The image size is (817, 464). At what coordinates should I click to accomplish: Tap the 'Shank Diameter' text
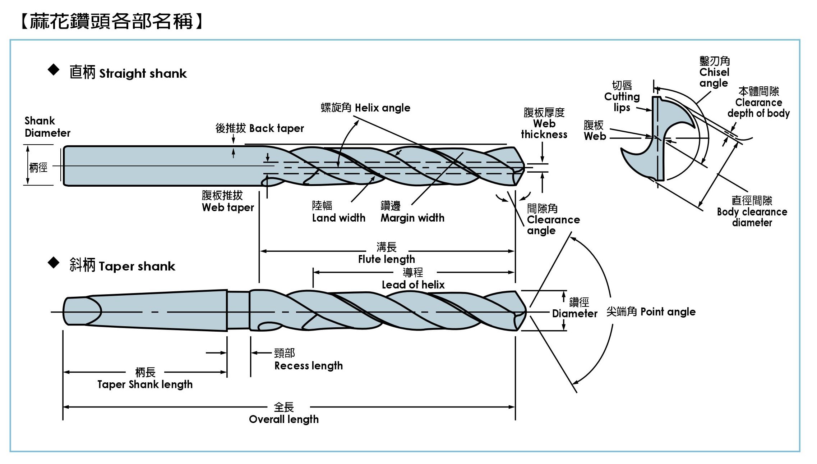point(47,127)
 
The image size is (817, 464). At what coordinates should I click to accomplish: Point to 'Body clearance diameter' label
point(752,212)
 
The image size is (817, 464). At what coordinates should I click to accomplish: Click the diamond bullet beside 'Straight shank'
point(54,70)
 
